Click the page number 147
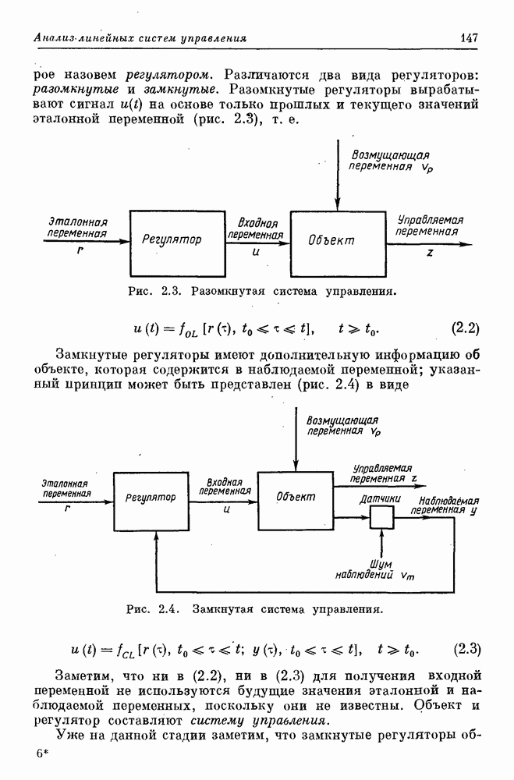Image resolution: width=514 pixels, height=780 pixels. click(x=469, y=37)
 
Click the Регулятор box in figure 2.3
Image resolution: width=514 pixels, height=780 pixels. click(x=177, y=240)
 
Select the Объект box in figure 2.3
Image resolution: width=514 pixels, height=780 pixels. click(x=338, y=240)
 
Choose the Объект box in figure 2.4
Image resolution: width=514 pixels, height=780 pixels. click(x=296, y=498)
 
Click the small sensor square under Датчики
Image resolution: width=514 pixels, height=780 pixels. click(x=382, y=517)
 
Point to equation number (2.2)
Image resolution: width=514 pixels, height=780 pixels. click(x=465, y=328)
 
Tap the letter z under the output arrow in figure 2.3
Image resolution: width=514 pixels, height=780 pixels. click(x=430, y=253)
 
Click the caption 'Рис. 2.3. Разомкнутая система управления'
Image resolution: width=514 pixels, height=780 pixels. click(x=262, y=292)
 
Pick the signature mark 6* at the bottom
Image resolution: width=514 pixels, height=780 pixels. click(x=41, y=757)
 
